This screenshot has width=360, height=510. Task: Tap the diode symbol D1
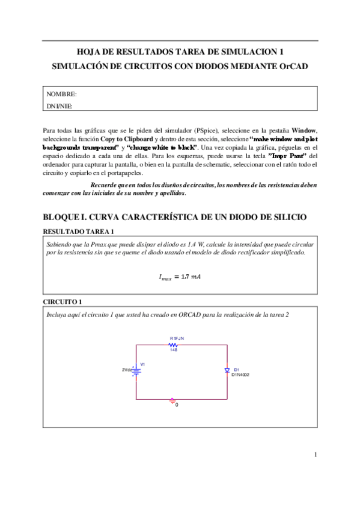pyautogui.click(x=228, y=370)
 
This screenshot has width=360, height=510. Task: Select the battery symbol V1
pyautogui.click(x=137, y=371)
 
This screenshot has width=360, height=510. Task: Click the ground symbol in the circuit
pyautogui.click(x=172, y=399)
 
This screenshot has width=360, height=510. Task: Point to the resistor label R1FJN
pyautogui.click(x=177, y=339)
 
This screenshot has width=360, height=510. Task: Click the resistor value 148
pyautogui.click(x=174, y=350)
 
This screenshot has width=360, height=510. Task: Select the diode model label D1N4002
pyautogui.click(x=240, y=375)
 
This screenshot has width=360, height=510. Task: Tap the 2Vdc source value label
pyautogui.click(x=127, y=370)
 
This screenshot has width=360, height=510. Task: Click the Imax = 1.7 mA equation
pyautogui.click(x=179, y=277)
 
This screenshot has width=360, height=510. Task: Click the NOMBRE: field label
pyautogui.click(x=61, y=94)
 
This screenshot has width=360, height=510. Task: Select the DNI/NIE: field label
pyautogui.click(x=59, y=106)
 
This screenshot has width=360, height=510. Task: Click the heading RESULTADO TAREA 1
pyautogui.click(x=79, y=232)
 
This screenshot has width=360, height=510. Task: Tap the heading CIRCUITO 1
pyautogui.click(x=63, y=301)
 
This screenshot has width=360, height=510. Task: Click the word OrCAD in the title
pyautogui.click(x=294, y=66)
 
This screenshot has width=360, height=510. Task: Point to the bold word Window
pyautogui.click(x=304, y=131)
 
